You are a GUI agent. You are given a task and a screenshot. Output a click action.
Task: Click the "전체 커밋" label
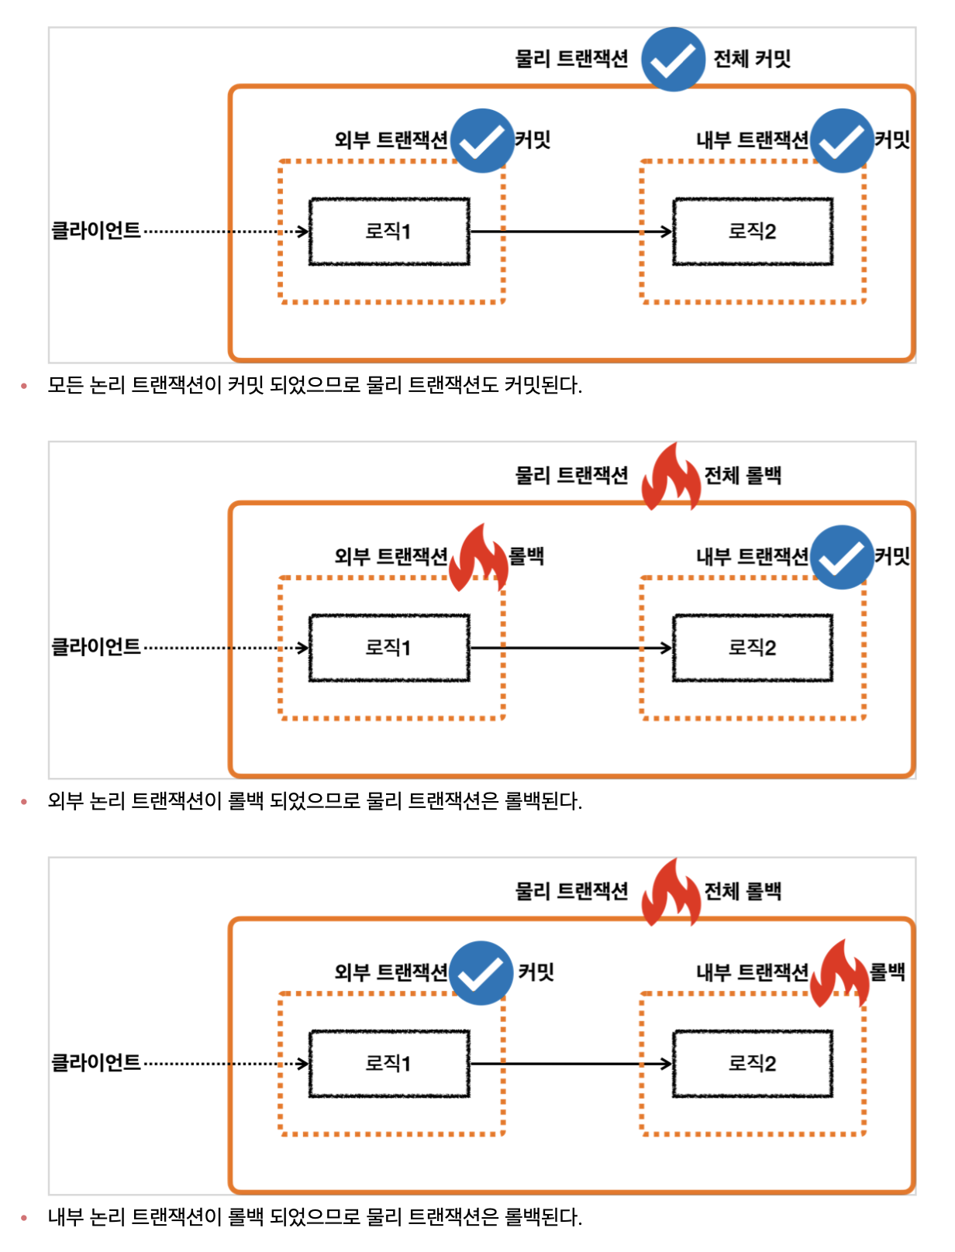pyautogui.click(x=751, y=59)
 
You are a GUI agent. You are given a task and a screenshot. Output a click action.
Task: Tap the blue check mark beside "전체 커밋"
pyautogui.click(x=673, y=60)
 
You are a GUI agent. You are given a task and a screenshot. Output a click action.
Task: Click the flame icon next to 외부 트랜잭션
pyautogui.click(x=478, y=558)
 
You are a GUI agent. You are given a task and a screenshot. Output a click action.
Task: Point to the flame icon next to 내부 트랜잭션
pyautogui.click(x=839, y=973)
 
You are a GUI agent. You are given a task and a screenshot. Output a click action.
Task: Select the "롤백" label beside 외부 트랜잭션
pyautogui.click(x=526, y=556)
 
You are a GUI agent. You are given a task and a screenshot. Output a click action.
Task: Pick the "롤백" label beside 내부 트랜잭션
pyautogui.click(x=888, y=972)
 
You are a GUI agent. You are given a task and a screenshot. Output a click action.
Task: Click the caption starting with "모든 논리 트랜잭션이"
pyautogui.click(x=315, y=385)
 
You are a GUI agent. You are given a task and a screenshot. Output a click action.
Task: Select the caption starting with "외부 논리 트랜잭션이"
pyautogui.click(x=315, y=801)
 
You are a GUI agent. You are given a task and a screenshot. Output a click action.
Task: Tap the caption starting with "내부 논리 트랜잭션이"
pyautogui.click(x=315, y=1217)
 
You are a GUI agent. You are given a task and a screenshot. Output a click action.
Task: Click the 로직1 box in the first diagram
pyautogui.click(x=389, y=232)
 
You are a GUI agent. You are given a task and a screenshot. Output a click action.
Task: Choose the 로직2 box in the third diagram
pyautogui.click(x=752, y=1064)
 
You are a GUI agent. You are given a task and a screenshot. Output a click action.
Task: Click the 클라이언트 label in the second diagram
pyautogui.click(x=96, y=647)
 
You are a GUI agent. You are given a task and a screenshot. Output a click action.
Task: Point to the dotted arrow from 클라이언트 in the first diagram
pyautogui.click(x=225, y=232)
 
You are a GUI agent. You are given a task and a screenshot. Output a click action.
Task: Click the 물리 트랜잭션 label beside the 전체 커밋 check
pyautogui.click(x=571, y=59)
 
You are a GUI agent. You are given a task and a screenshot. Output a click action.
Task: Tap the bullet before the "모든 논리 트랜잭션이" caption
pyautogui.click(x=24, y=386)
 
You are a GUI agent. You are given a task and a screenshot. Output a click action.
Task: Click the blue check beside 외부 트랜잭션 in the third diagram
pyautogui.click(x=481, y=973)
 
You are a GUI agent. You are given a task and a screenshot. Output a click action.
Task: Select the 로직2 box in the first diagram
pyautogui.click(x=752, y=232)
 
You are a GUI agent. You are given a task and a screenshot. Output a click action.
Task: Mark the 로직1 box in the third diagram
pyautogui.click(x=389, y=1064)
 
